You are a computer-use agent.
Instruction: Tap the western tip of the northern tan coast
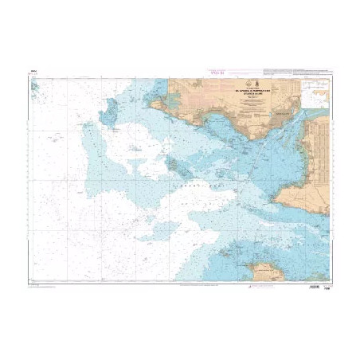[x=156, y=103]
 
